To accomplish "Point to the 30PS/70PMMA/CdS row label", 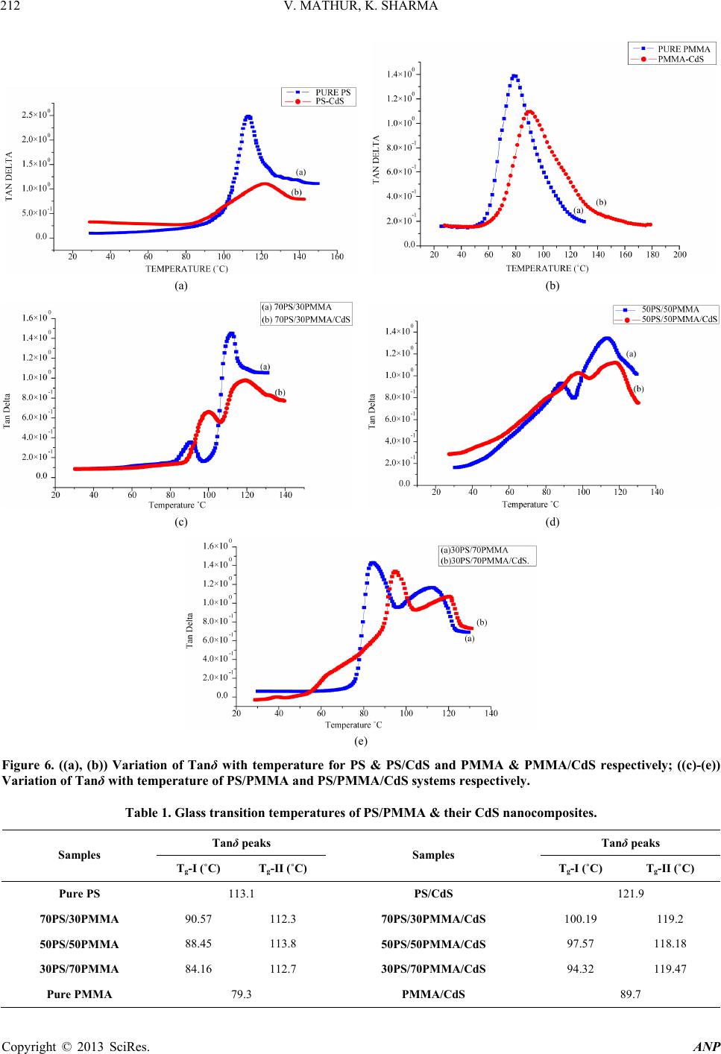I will (x=432, y=969).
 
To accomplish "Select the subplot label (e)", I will (x=360, y=740).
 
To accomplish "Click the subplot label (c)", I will (x=180, y=523).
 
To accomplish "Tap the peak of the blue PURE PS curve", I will (x=248, y=116).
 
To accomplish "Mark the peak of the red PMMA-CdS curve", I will (x=529, y=112).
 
